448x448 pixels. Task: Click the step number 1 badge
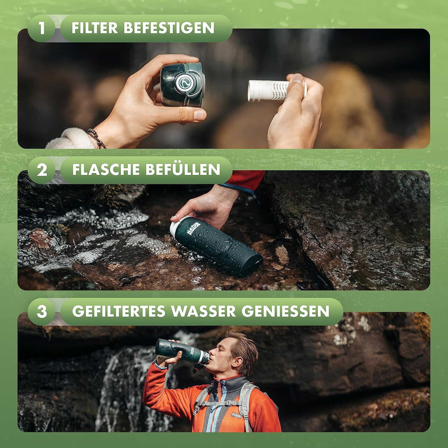pyautogui.click(x=42, y=28)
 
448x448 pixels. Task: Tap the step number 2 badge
pyautogui.click(x=42, y=170)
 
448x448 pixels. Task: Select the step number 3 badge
pyautogui.click(x=42, y=312)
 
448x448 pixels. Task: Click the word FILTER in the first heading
pyautogui.click(x=95, y=28)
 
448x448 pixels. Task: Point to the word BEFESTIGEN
pyautogui.click(x=169, y=28)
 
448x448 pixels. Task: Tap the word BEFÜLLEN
pyautogui.click(x=183, y=170)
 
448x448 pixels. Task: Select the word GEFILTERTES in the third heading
pyautogui.click(x=119, y=311)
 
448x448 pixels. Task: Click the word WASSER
pyautogui.click(x=203, y=311)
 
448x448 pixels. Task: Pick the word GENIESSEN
pyautogui.click(x=285, y=311)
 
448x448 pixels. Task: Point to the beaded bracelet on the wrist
pyautogui.click(x=96, y=138)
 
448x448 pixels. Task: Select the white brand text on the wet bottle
pyautogui.click(x=194, y=228)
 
